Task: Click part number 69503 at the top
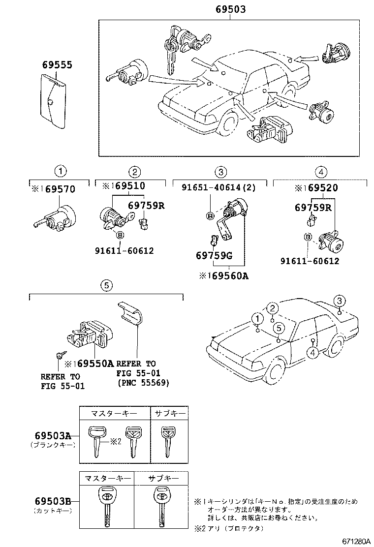231,9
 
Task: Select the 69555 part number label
57,65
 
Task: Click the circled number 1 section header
60,172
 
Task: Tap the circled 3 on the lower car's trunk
339,301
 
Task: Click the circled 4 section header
320,172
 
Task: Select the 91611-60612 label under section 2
125,250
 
